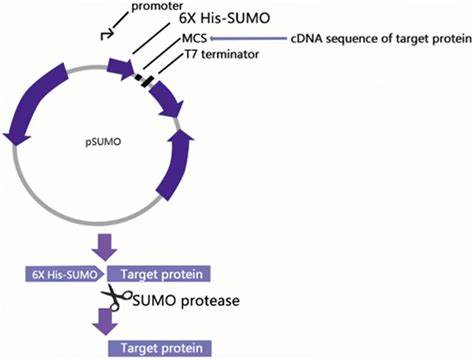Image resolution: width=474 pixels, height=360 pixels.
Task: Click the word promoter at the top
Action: [157, 6]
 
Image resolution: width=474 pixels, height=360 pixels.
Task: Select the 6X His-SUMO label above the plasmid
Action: [224, 18]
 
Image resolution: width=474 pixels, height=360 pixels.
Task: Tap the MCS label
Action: [194, 38]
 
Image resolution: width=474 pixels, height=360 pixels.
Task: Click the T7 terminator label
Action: [222, 54]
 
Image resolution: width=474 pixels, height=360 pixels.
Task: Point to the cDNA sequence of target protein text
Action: [381, 39]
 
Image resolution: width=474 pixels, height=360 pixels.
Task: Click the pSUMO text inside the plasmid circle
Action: [103, 142]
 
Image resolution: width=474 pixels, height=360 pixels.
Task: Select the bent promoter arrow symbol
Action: [107, 34]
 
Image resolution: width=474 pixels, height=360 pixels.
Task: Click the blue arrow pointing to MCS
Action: [248, 39]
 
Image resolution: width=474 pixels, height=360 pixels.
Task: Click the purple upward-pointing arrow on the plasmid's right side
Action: [175, 164]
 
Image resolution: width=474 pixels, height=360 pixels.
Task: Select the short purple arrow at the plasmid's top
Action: [120, 69]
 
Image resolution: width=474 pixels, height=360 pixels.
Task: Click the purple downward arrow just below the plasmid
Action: [104, 248]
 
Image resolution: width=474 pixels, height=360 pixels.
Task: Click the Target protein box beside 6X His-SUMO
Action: [159, 274]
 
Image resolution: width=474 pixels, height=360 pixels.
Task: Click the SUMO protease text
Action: [186, 301]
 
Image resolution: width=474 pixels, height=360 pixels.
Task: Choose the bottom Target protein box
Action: [160, 348]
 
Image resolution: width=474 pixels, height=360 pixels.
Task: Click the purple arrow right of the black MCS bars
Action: [168, 100]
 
